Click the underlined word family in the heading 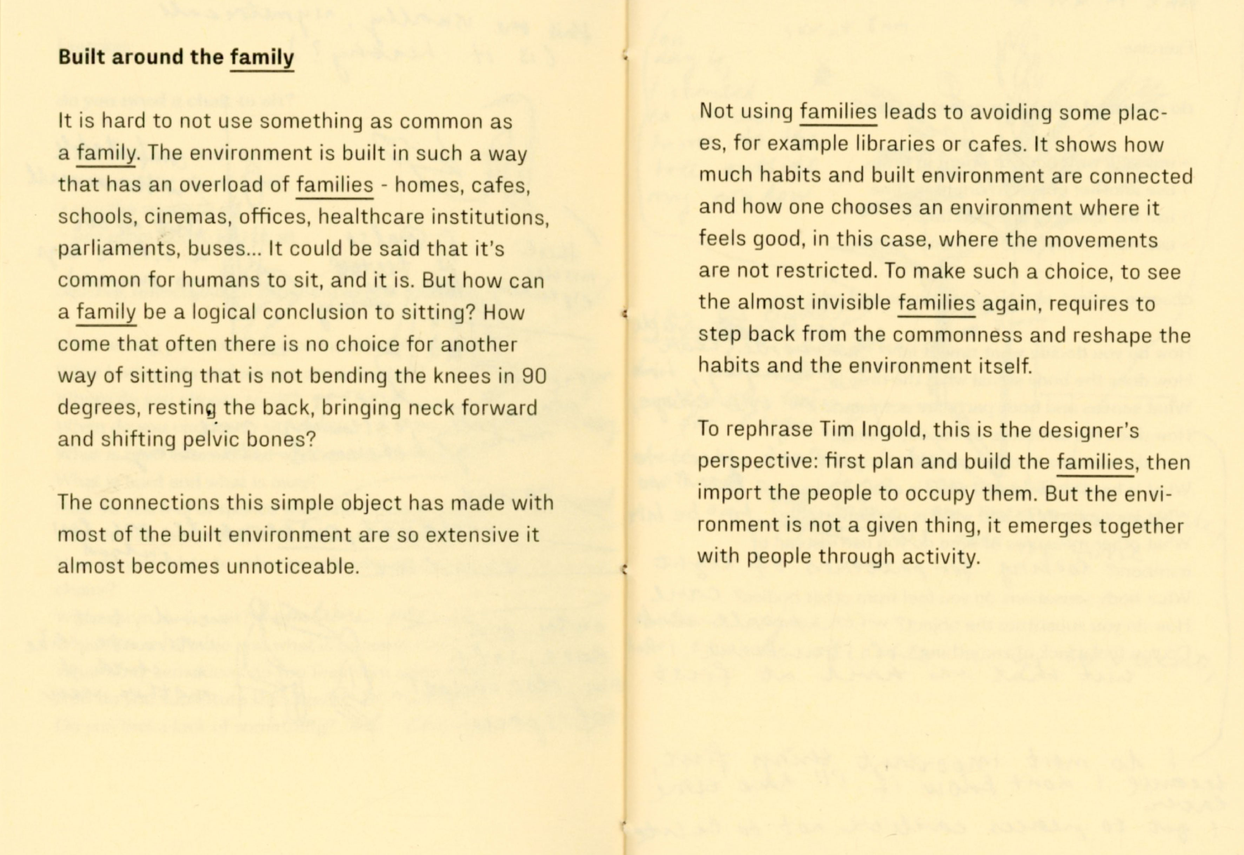(262, 57)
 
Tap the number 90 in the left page (534, 376)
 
